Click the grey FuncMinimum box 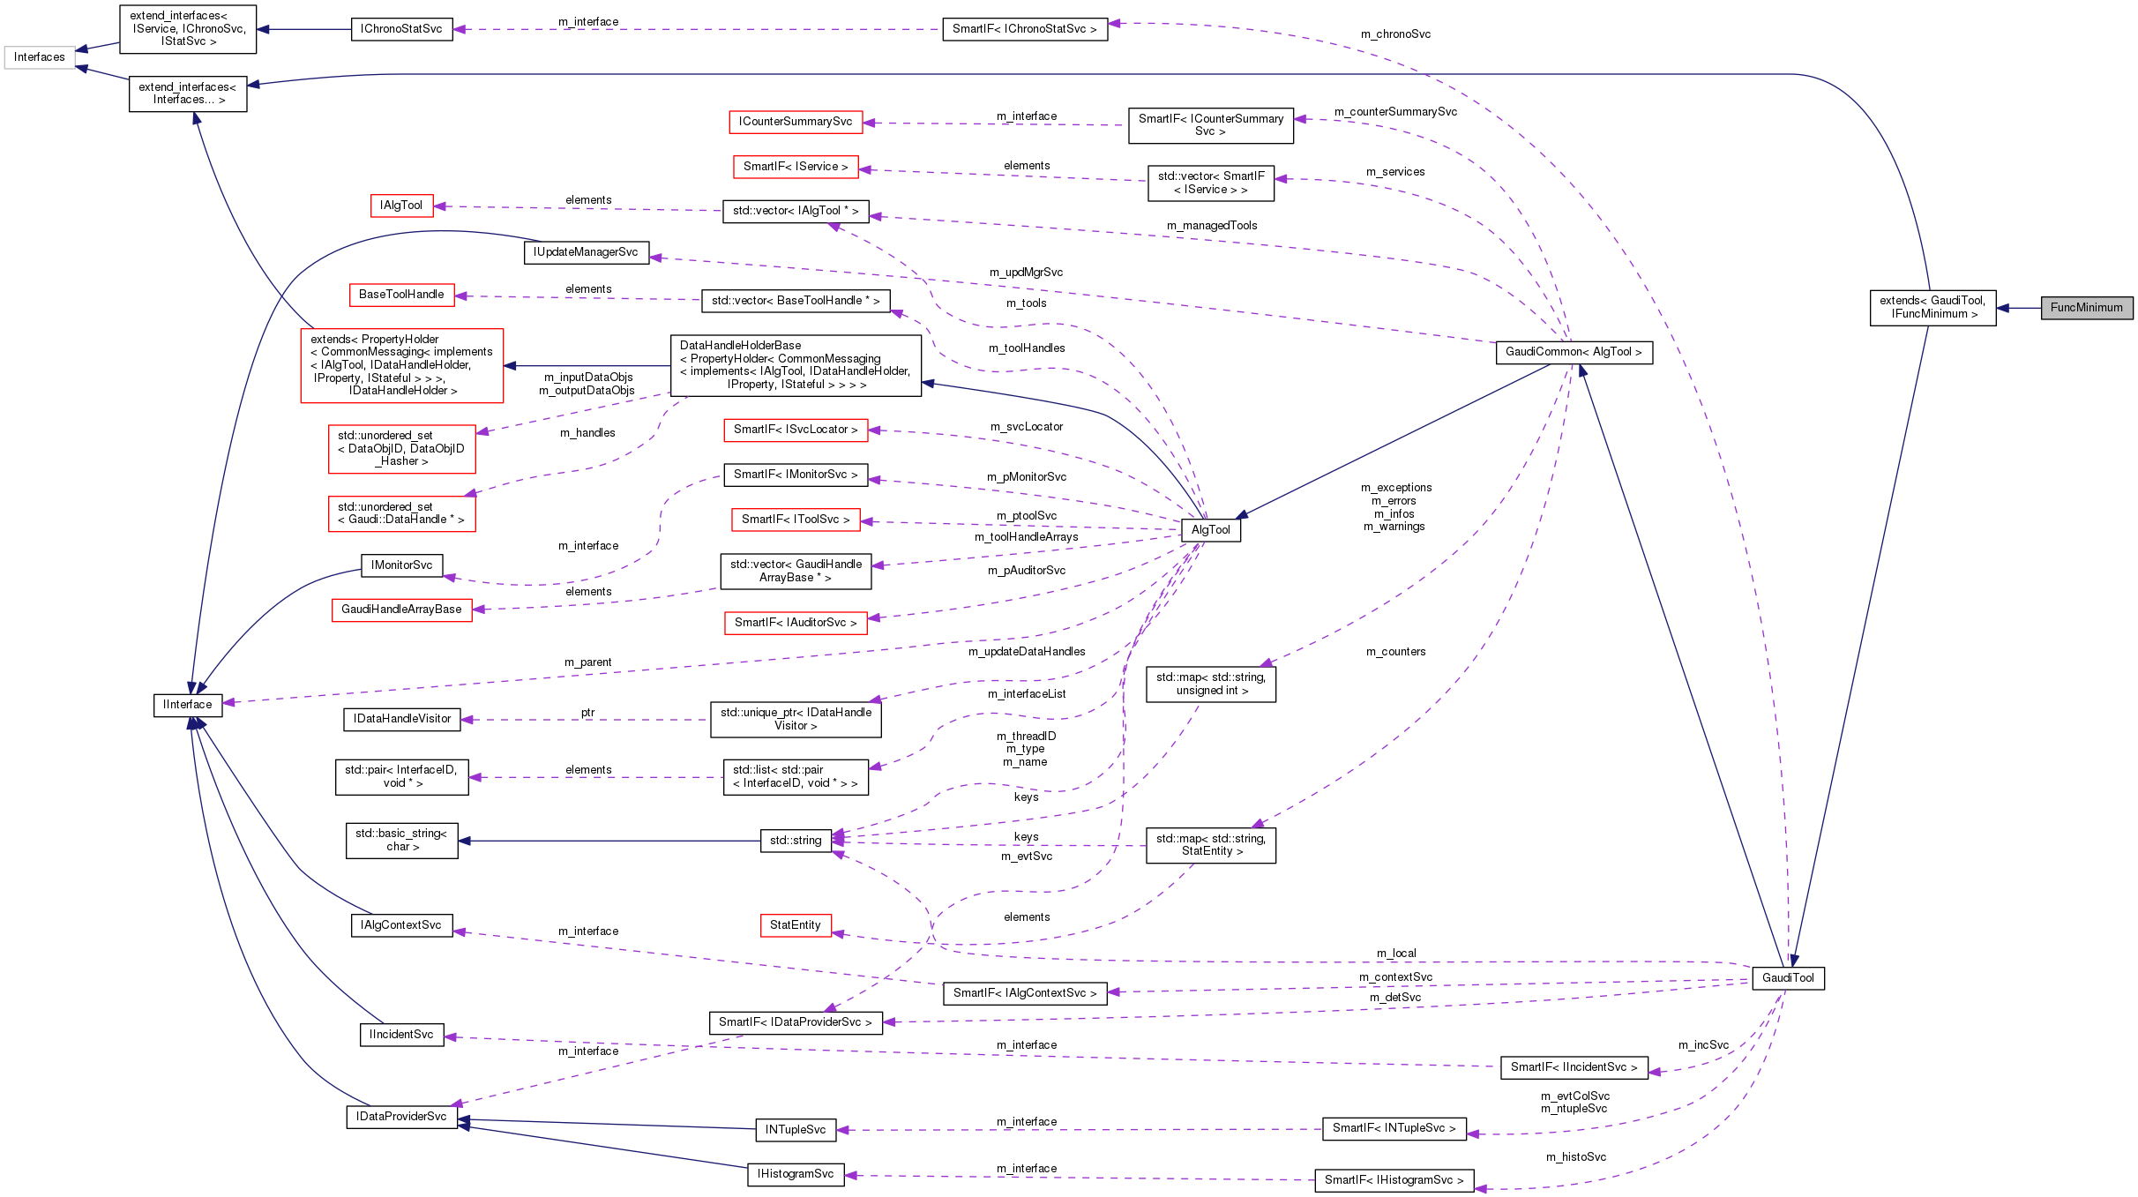point(2086,308)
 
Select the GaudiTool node point(1788,978)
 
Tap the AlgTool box point(1210,530)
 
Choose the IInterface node point(187,705)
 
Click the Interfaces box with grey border point(40,57)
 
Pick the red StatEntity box point(795,925)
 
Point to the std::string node point(796,841)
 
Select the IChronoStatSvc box point(401,29)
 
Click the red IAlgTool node point(401,206)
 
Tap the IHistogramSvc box point(796,1174)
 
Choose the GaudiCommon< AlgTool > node point(1574,352)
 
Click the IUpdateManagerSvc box point(586,252)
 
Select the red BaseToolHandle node point(401,295)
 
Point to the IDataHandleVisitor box point(402,719)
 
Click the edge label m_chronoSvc point(1395,34)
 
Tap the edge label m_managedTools point(1212,226)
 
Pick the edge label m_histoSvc point(1576,1157)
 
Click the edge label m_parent point(587,662)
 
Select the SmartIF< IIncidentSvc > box point(1574,1067)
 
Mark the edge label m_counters point(1395,652)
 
